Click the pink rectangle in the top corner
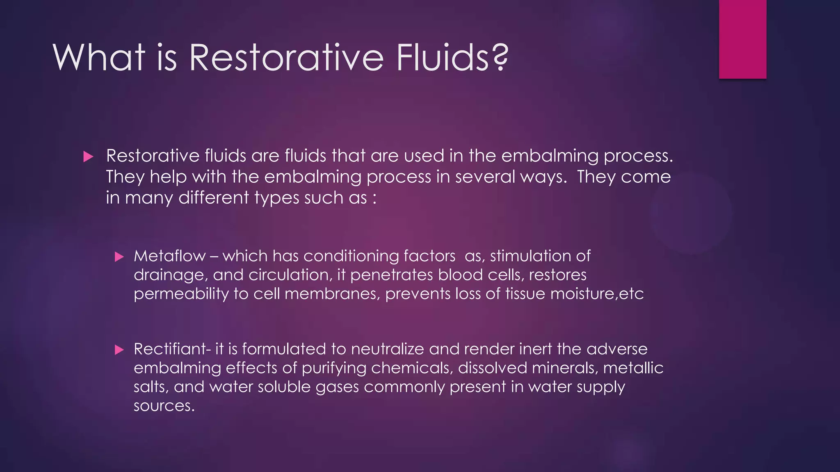pyautogui.click(x=742, y=39)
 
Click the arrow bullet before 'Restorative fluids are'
pyautogui.click(x=88, y=157)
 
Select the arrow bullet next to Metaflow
pyautogui.click(x=119, y=257)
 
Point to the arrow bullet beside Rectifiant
pyautogui.click(x=119, y=350)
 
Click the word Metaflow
pyautogui.click(x=169, y=256)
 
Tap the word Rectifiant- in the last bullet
pyautogui.click(x=172, y=349)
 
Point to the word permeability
pyautogui.click(x=181, y=294)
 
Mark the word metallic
pyautogui.click(x=633, y=368)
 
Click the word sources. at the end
pyautogui.click(x=164, y=406)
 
